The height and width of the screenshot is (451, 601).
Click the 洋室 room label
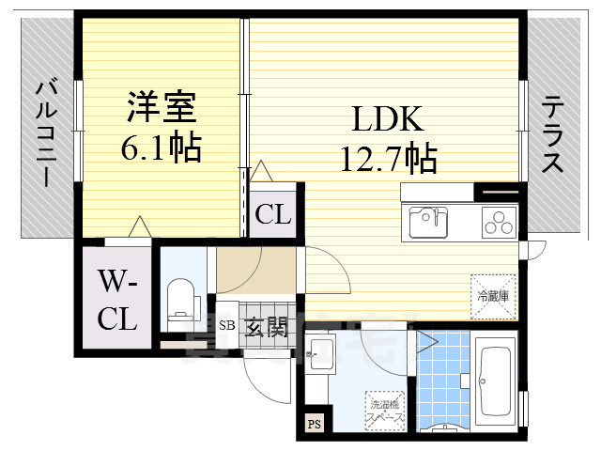pos(161,107)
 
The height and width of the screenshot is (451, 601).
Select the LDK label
pos(389,119)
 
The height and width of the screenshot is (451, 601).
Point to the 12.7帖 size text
pos(389,159)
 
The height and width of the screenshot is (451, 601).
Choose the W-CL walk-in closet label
pos(118,299)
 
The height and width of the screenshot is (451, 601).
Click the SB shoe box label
pos(226,327)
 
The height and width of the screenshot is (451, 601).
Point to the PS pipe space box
pos(313,424)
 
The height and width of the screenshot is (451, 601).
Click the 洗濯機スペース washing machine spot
pos(385,406)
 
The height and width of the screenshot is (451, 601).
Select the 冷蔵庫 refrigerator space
pos(493,295)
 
